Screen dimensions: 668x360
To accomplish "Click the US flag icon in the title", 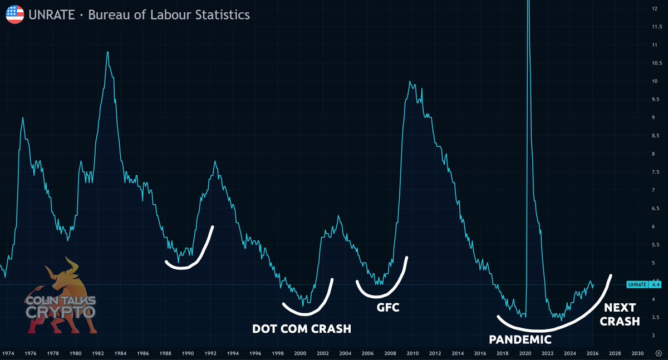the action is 15,14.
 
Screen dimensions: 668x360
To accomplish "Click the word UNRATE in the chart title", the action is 52,15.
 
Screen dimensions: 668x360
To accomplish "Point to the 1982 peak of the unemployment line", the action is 107,52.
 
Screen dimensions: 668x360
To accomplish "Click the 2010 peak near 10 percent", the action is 410,81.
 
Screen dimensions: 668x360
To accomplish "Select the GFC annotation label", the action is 387,307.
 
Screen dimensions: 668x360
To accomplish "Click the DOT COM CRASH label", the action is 302,329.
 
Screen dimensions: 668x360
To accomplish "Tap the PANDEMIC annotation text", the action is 520,339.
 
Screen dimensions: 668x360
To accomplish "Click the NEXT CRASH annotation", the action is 620,314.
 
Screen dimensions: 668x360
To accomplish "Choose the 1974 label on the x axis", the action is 8,353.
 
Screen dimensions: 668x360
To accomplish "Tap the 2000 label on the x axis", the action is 300,353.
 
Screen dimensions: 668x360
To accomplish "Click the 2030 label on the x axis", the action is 637,353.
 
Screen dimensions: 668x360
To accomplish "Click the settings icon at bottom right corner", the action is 659,353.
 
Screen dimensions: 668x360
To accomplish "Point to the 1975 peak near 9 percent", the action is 23,117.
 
